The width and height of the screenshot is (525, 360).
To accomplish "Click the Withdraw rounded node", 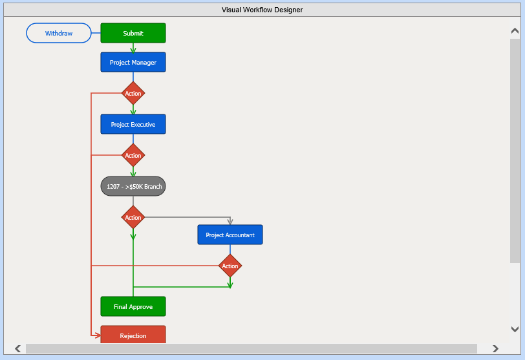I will pos(59,33).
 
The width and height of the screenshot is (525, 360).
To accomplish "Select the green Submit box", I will pos(133,33).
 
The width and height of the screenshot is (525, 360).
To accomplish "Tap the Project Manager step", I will pos(133,62).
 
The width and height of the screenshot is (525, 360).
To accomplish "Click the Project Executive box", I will pos(133,124).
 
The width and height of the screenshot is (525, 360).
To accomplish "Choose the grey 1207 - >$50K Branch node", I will pos(133,186).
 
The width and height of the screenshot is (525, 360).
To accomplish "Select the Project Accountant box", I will pos(230,235).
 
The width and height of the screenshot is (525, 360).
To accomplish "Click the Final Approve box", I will pos(133,306).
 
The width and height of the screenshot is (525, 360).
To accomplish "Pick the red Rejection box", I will pos(133,335).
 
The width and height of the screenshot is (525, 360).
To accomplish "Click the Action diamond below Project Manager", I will pos(133,93).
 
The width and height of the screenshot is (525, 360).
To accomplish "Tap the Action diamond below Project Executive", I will pos(133,155).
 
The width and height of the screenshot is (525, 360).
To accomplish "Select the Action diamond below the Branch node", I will pos(133,217).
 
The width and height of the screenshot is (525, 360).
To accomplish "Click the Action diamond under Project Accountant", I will pos(230,266).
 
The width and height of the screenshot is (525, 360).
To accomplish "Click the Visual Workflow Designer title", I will pos(262,10).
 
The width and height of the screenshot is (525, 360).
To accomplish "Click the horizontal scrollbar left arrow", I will pos(17,349).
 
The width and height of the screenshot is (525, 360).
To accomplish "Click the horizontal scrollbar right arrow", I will pos(495,349).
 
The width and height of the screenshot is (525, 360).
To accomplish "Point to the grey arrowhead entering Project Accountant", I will pos(230,221).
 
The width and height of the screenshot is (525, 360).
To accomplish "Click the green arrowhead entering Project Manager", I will pos(133,49).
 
